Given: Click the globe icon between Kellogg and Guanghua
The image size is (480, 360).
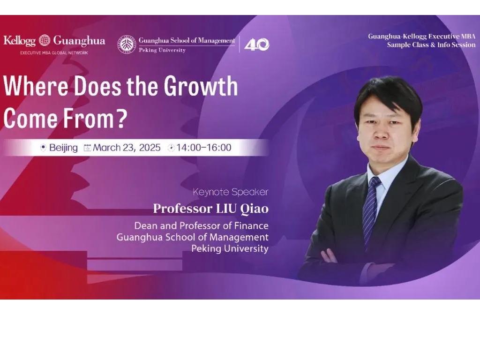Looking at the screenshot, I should pos(45,40).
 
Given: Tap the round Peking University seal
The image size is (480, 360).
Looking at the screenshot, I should pos(127,44).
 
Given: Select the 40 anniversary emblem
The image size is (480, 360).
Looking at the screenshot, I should pos(257,44).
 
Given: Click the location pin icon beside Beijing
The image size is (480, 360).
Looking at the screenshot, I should pos(43,148).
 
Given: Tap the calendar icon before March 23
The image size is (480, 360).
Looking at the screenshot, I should pos(87,148).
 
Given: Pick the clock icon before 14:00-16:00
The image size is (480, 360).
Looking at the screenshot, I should pos(172,148).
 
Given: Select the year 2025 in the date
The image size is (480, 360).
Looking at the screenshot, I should pos(149,148).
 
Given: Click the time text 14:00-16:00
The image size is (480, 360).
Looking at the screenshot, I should pos(204,148).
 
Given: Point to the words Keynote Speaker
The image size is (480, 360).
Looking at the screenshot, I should pos(230,192).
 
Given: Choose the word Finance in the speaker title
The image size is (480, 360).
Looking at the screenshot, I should pos(251,226).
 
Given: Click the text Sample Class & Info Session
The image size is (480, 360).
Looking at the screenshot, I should pos(431,45).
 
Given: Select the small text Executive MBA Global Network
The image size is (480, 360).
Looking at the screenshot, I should pos(54,52).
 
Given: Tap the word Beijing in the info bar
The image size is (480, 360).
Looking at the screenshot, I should pos(63,148).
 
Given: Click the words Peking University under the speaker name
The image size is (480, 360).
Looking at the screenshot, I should pos(230,248).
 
